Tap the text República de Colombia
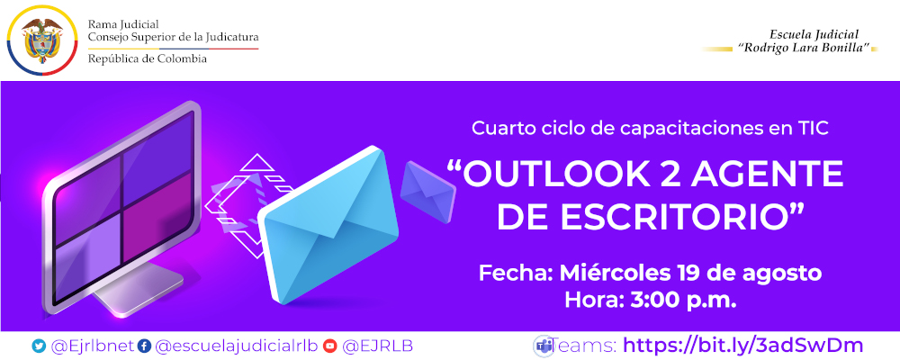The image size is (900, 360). pos(147,58)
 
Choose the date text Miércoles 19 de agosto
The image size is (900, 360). pos(690,272)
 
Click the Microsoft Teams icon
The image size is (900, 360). pos(543,345)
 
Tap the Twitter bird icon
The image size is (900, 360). pos(38,346)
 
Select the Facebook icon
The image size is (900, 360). pos(144,346)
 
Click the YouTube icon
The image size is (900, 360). pos(330,346)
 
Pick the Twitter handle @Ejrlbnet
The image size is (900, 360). pos(93,346)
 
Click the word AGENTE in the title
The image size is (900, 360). pos(775,174)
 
